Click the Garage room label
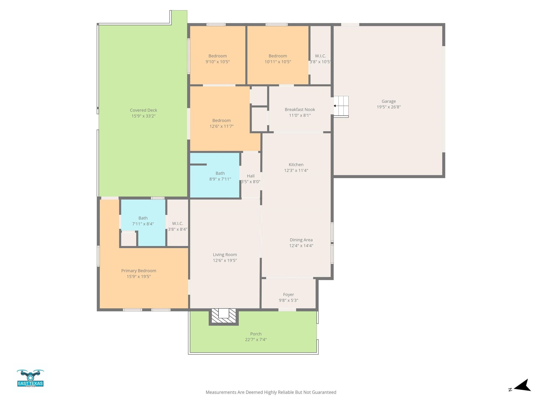(x=388, y=101)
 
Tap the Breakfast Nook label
(x=300, y=109)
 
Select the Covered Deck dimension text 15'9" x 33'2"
(x=143, y=116)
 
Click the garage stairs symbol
(x=341, y=106)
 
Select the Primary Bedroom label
(x=139, y=271)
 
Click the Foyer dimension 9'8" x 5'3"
(x=289, y=300)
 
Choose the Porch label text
(x=256, y=334)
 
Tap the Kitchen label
(x=296, y=165)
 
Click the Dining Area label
(x=301, y=240)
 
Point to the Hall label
(x=251, y=176)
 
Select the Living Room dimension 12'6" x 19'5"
(x=225, y=261)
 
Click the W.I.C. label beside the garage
(x=320, y=56)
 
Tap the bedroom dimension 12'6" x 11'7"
(x=221, y=126)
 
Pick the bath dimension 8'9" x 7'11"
(x=220, y=179)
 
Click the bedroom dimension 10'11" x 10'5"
(x=278, y=62)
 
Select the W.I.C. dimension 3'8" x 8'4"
(x=178, y=229)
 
